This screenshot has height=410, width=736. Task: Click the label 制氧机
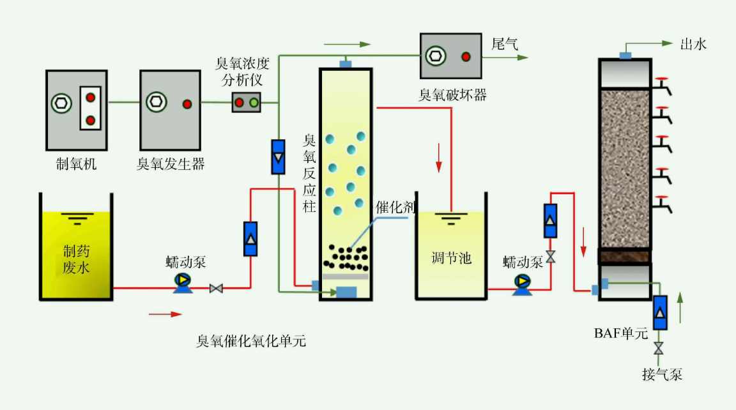[x=76, y=164]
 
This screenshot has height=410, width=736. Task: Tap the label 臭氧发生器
[x=171, y=164]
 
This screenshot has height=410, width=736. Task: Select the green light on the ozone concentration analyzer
[x=254, y=103]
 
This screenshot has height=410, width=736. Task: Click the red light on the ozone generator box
[x=187, y=103]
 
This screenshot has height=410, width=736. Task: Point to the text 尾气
[x=504, y=44]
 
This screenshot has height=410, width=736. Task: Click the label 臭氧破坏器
[x=452, y=96]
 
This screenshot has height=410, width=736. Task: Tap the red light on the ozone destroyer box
[x=466, y=56]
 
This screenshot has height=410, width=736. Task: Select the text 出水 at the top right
[x=693, y=44]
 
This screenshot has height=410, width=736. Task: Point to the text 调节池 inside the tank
[x=451, y=258]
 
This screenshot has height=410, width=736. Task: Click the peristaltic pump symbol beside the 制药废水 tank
[x=183, y=281]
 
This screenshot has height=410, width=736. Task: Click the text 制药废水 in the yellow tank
[x=77, y=258]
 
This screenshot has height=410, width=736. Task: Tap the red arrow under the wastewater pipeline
[x=165, y=314]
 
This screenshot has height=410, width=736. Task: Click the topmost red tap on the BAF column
[x=663, y=83]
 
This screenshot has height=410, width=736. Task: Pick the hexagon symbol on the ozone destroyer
[x=436, y=56]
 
